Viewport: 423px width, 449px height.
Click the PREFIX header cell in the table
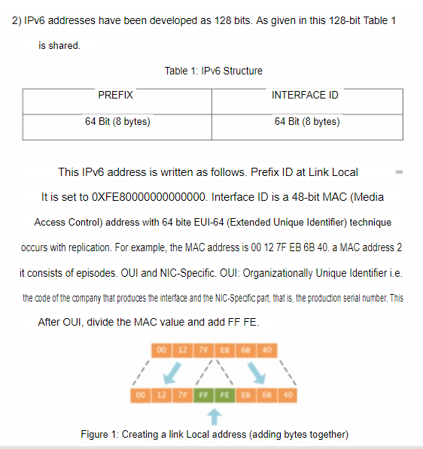pos(115,96)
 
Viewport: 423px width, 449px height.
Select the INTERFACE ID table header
pos(305,96)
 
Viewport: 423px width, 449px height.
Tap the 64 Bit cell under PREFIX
pos(117,121)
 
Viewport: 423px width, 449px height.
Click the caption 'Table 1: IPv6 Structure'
pos(213,71)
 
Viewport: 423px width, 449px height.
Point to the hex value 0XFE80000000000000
pos(148,197)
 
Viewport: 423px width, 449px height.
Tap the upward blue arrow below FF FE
pos(213,415)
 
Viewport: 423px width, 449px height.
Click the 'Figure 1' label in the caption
pos(99,434)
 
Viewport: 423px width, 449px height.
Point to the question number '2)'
pos(17,20)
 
